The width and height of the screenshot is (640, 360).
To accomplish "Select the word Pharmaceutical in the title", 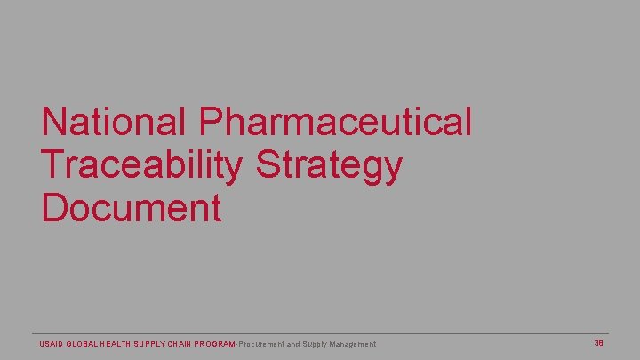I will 335,122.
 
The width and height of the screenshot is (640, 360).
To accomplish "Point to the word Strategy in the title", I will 329,165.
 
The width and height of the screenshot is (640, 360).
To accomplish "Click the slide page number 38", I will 599,343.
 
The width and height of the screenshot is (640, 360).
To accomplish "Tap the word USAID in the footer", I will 52,344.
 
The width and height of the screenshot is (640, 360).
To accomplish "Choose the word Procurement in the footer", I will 261,344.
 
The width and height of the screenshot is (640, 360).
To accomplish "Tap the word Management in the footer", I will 352,344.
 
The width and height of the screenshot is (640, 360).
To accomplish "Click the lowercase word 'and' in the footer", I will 294,344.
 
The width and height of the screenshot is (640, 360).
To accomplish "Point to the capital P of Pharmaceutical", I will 212,122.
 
